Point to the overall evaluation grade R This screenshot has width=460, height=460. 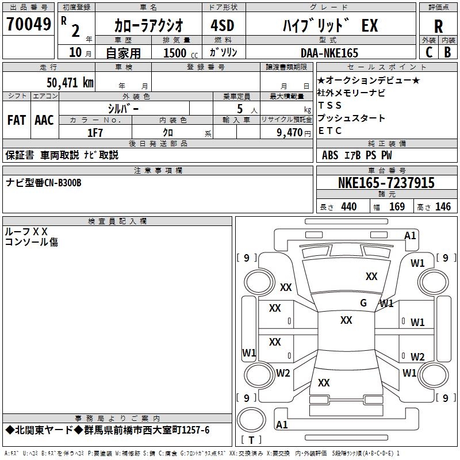click(438, 26)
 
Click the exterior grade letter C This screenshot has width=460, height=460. click(429, 52)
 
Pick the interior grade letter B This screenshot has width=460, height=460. click(448, 52)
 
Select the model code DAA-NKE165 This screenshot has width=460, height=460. click(329, 53)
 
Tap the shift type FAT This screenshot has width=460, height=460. click(16, 120)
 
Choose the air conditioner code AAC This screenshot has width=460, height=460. click(44, 120)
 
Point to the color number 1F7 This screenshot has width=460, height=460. click(95, 132)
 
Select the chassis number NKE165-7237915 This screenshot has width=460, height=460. click(386, 183)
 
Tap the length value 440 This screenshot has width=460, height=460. click(348, 207)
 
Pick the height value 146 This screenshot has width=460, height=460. click(443, 207)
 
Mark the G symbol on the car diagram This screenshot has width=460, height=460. click(363, 303)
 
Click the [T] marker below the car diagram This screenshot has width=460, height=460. click(251, 440)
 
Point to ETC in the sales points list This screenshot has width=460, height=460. click(330, 131)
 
